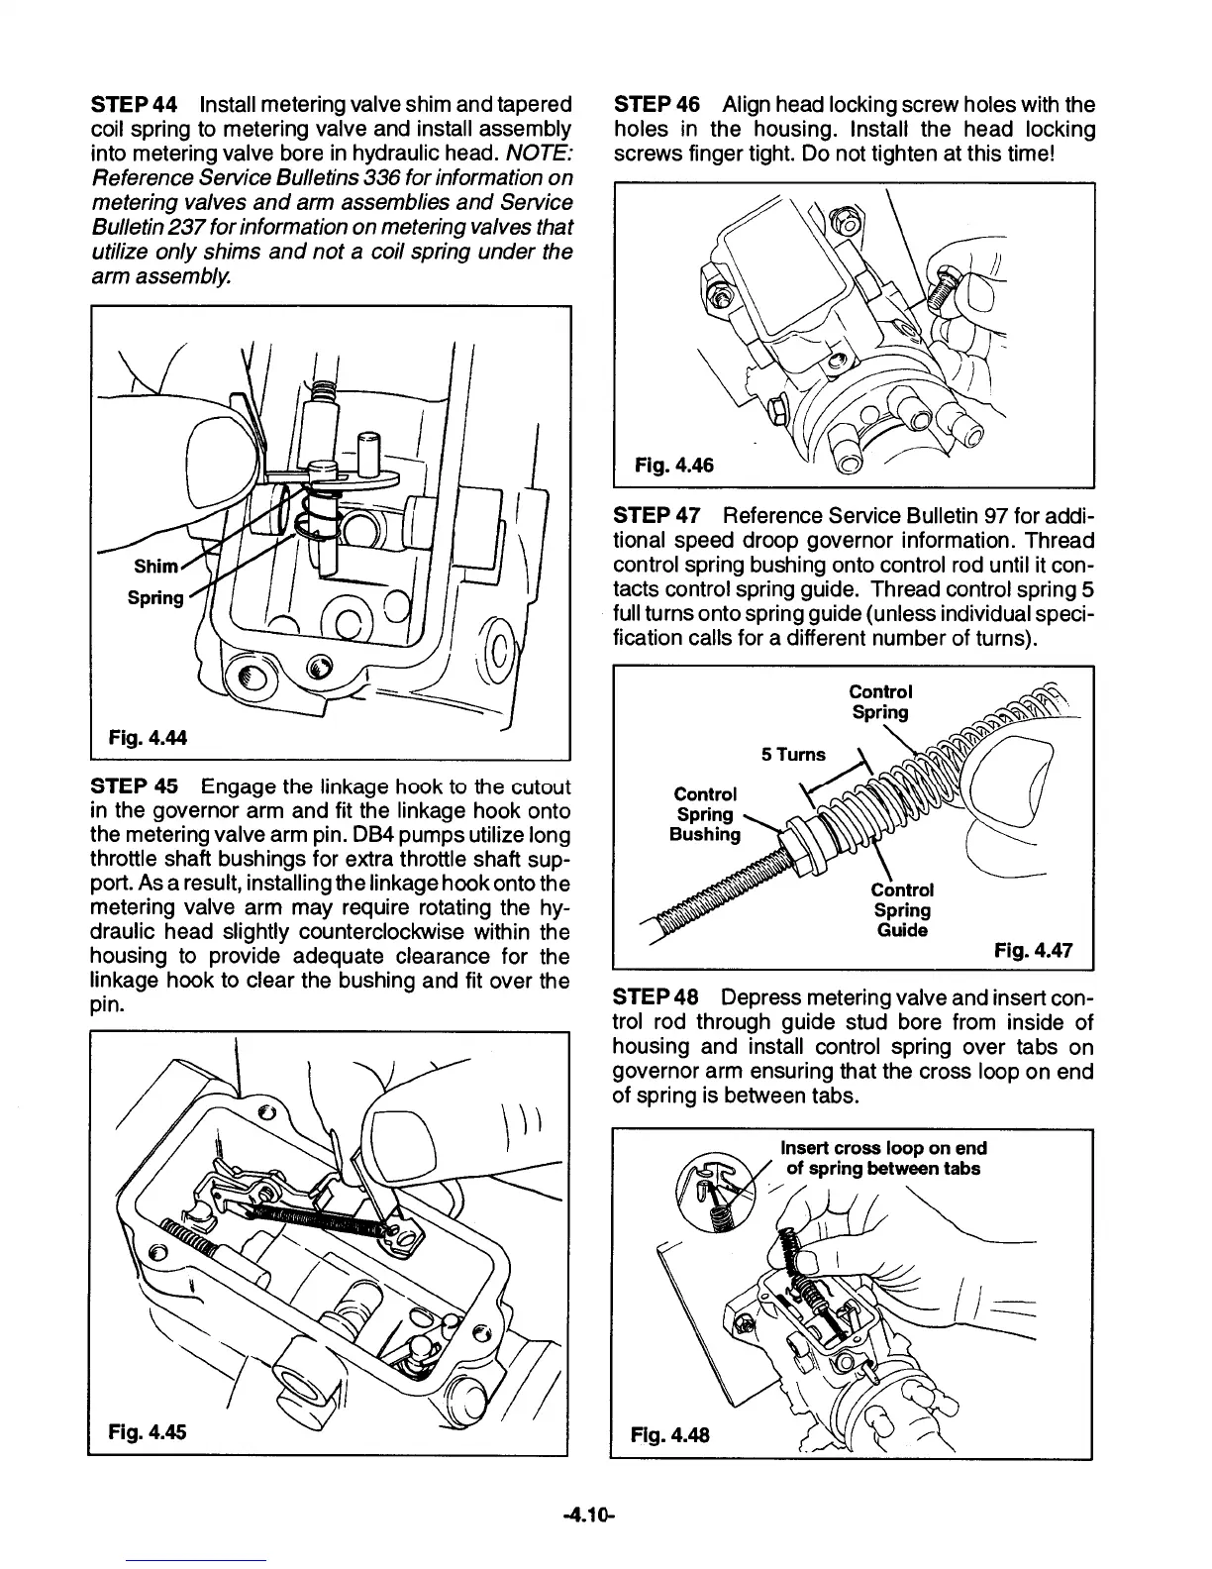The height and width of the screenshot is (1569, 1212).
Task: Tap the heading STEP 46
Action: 656,105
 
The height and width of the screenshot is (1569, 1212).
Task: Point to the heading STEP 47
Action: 656,516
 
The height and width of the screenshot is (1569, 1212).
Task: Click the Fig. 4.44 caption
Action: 148,737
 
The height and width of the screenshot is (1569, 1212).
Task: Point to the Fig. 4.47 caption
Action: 1034,952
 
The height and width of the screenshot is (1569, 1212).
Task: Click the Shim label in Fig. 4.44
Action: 156,567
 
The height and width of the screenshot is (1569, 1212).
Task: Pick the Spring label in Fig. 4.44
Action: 155,597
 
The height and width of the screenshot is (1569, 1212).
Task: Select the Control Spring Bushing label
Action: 705,814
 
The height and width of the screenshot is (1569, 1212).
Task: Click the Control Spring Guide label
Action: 902,909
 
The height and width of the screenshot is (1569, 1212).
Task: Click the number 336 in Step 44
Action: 351,178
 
